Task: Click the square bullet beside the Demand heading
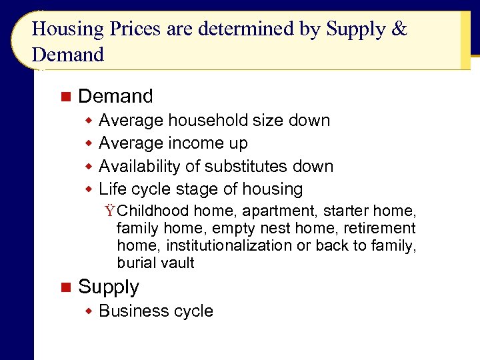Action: click(65, 97)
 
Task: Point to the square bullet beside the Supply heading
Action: click(65, 287)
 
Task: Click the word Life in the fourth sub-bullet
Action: click(111, 189)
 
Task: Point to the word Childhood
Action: click(153, 211)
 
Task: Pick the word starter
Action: click(346, 211)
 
